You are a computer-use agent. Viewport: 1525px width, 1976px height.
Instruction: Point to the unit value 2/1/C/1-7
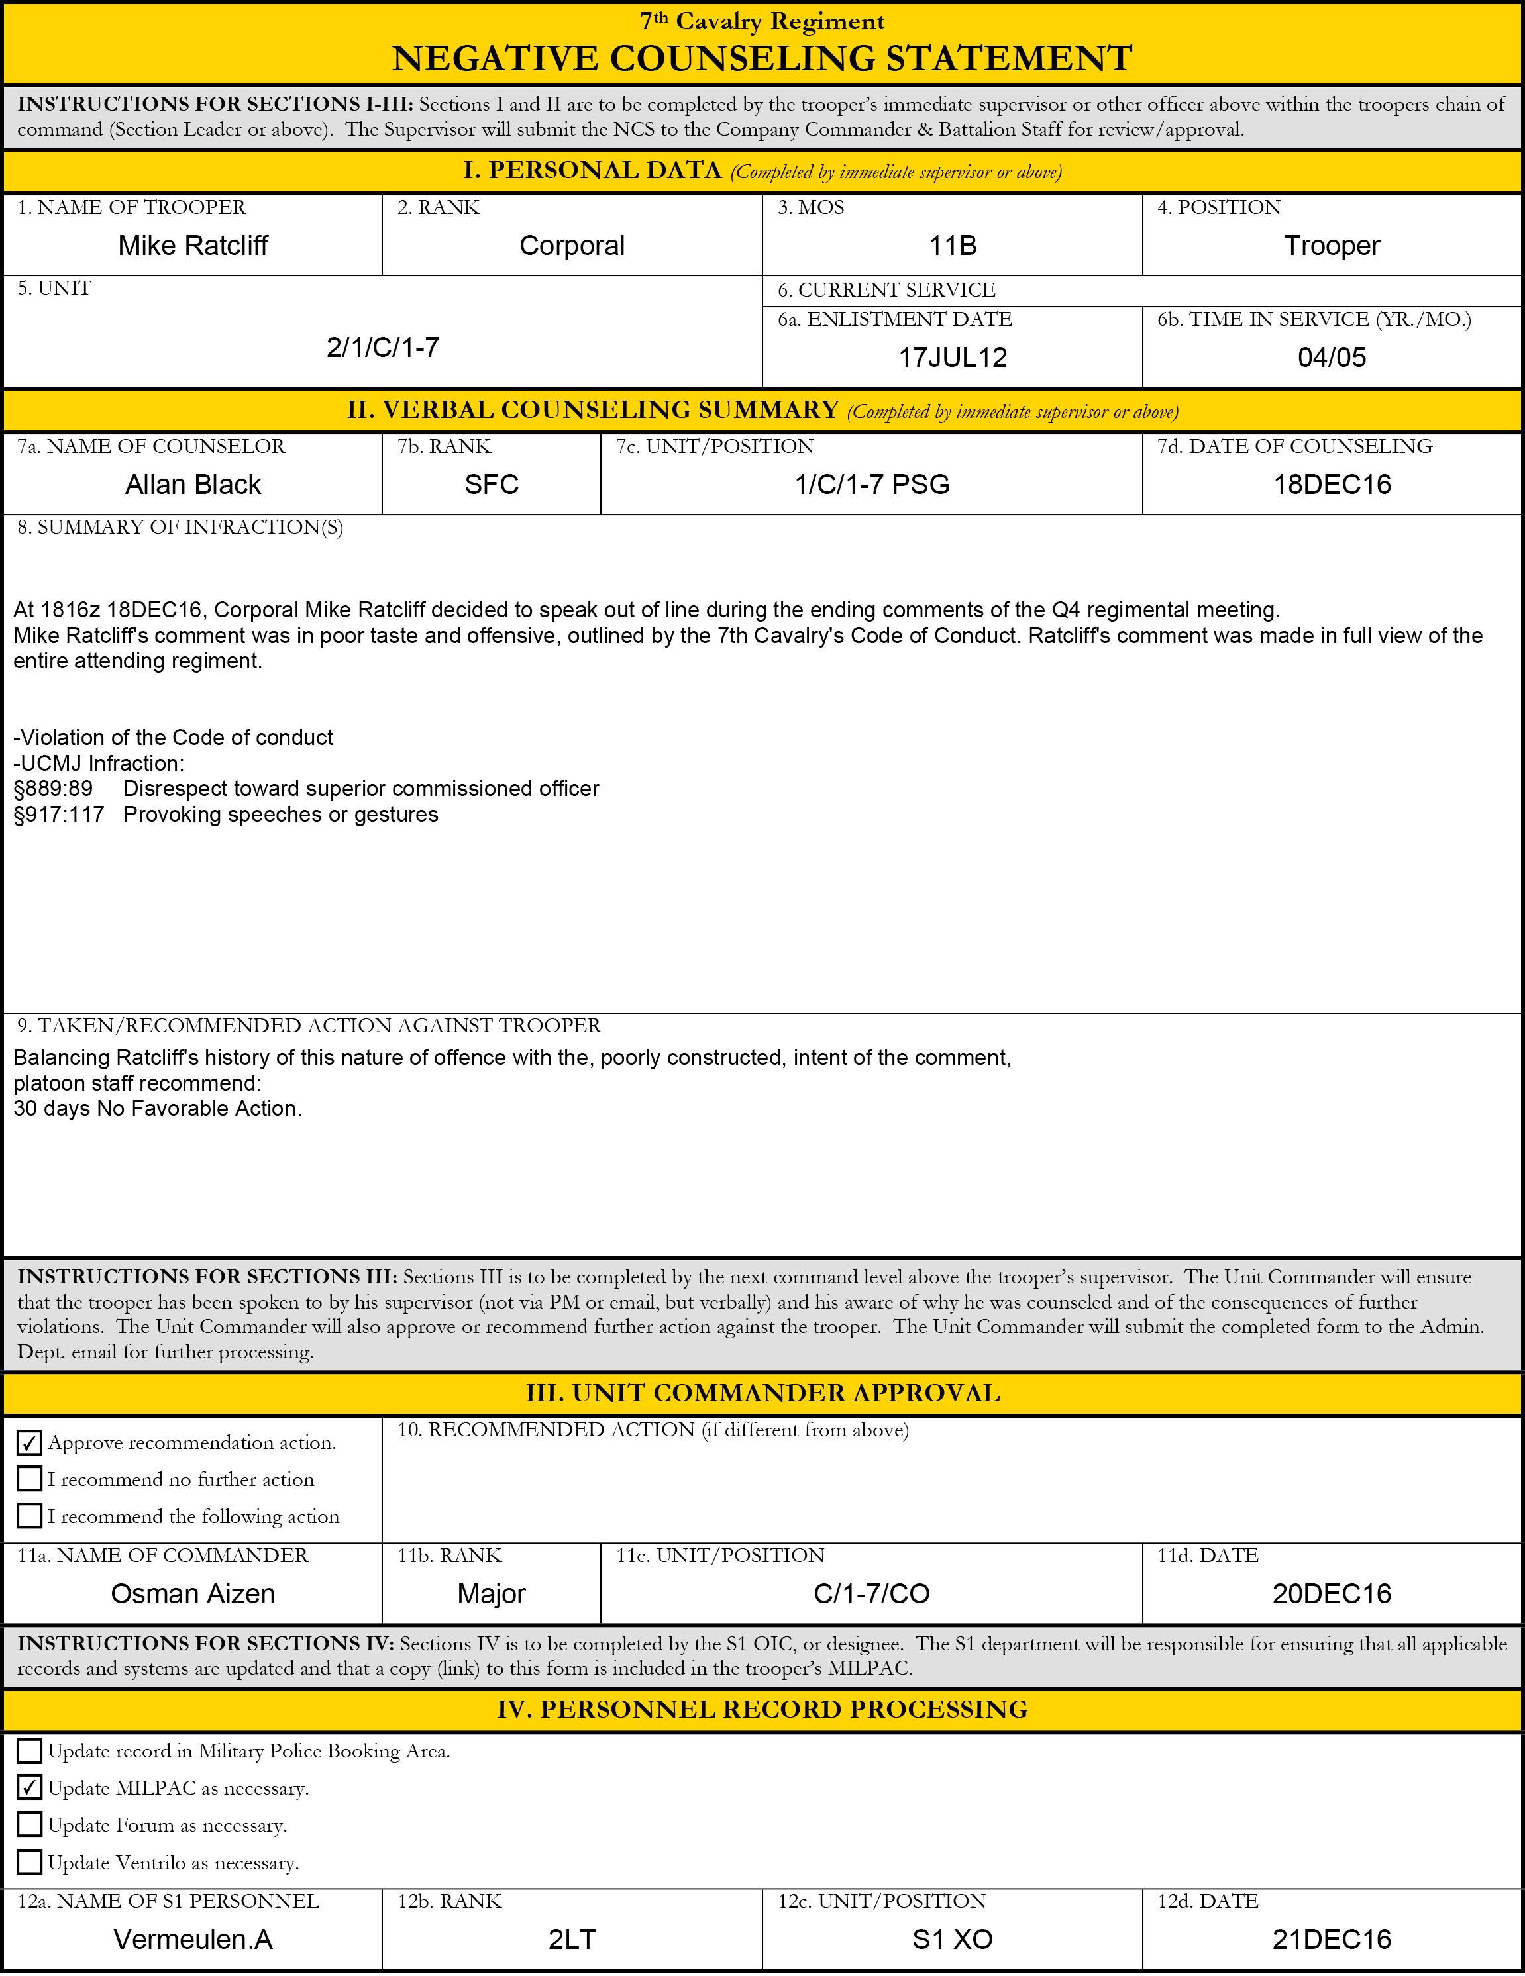tap(383, 348)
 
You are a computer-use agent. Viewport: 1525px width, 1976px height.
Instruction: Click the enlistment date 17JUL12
tap(952, 358)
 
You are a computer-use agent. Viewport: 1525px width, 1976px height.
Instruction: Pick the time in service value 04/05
tap(1332, 358)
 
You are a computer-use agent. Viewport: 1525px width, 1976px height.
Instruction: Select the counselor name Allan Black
tap(193, 485)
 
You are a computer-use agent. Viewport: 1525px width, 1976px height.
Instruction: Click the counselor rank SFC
tap(492, 485)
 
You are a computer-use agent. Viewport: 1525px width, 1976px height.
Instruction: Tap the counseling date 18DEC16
tap(1332, 485)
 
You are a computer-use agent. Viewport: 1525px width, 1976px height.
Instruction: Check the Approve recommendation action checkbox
tap(30, 1442)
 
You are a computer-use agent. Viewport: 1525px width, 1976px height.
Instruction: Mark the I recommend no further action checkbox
tap(30, 1479)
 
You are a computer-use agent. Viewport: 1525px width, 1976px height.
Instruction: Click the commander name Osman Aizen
tap(193, 1593)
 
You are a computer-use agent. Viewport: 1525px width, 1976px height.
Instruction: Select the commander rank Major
tap(492, 1593)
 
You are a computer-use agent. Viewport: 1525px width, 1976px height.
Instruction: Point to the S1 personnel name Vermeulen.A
tap(193, 1939)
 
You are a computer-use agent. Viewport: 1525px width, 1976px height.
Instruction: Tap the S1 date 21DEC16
tap(1332, 1939)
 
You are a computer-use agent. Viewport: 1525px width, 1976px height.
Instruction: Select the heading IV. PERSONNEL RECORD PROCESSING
tap(762, 1709)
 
